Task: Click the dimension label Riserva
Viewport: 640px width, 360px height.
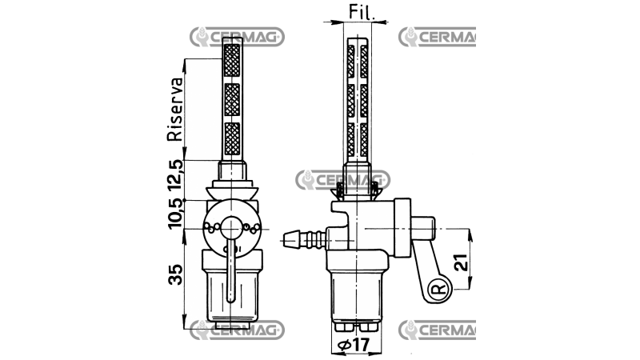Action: tap(174, 110)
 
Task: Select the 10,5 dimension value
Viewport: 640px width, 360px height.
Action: tap(175, 214)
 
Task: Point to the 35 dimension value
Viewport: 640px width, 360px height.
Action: tap(175, 274)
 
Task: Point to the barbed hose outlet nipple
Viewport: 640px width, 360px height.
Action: tap(305, 238)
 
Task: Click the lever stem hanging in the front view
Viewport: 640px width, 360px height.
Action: tap(230, 272)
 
